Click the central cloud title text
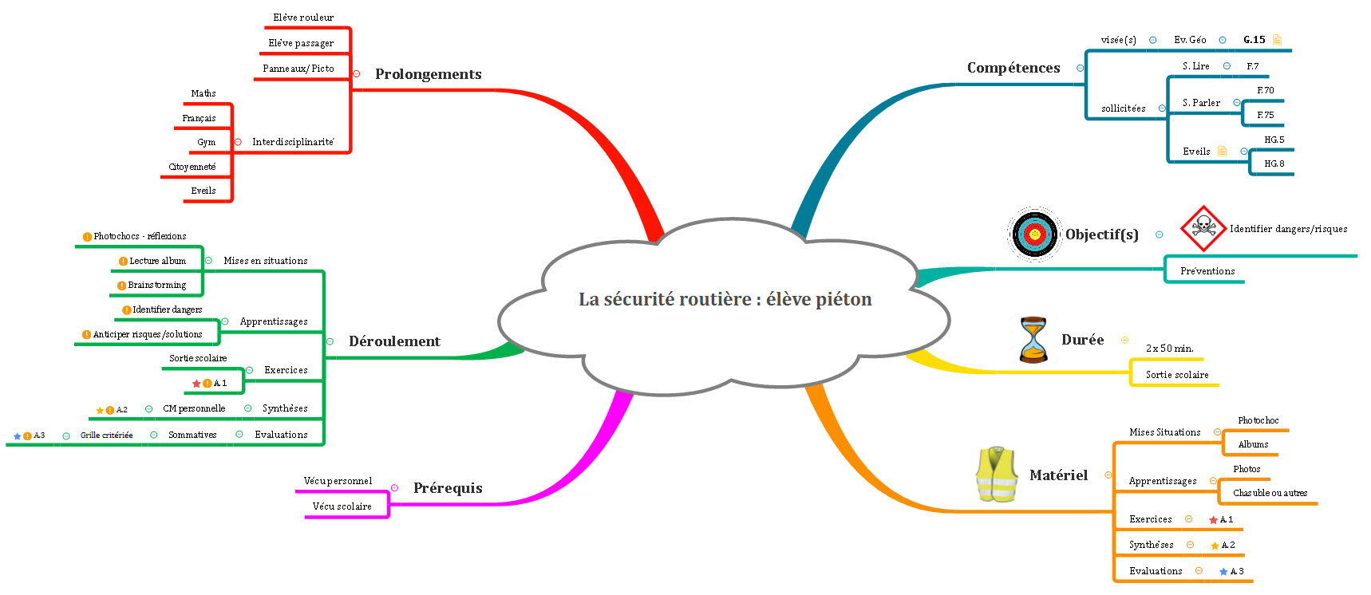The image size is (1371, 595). tap(725, 300)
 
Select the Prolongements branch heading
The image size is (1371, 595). tap(429, 74)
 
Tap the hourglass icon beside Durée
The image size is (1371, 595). tap(1033, 339)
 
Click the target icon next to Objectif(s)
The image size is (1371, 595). tap(1034, 234)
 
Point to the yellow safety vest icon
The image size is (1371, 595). tap(997, 475)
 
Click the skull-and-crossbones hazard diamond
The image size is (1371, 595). tap(1203, 228)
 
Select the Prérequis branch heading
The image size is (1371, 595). tap(448, 488)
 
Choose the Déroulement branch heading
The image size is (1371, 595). tap(394, 341)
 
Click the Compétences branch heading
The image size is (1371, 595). tap(1013, 68)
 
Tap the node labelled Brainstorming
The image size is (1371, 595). tap(157, 286)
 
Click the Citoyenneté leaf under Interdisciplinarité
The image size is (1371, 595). tap(192, 167)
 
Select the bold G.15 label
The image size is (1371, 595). tap(1254, 40)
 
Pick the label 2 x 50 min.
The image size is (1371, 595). tap(1170, 349)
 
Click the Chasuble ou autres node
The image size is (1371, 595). tap(1270, 493)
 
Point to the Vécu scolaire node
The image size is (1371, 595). tap(342, 506)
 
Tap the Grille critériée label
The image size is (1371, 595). tap(107, 435)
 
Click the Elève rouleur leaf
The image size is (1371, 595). tap(303, 18)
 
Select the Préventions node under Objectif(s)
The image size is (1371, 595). tap(1207, 271)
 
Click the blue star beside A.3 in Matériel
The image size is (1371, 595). tap(1223, 572)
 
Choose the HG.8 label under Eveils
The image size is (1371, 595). tap(1274, 164)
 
